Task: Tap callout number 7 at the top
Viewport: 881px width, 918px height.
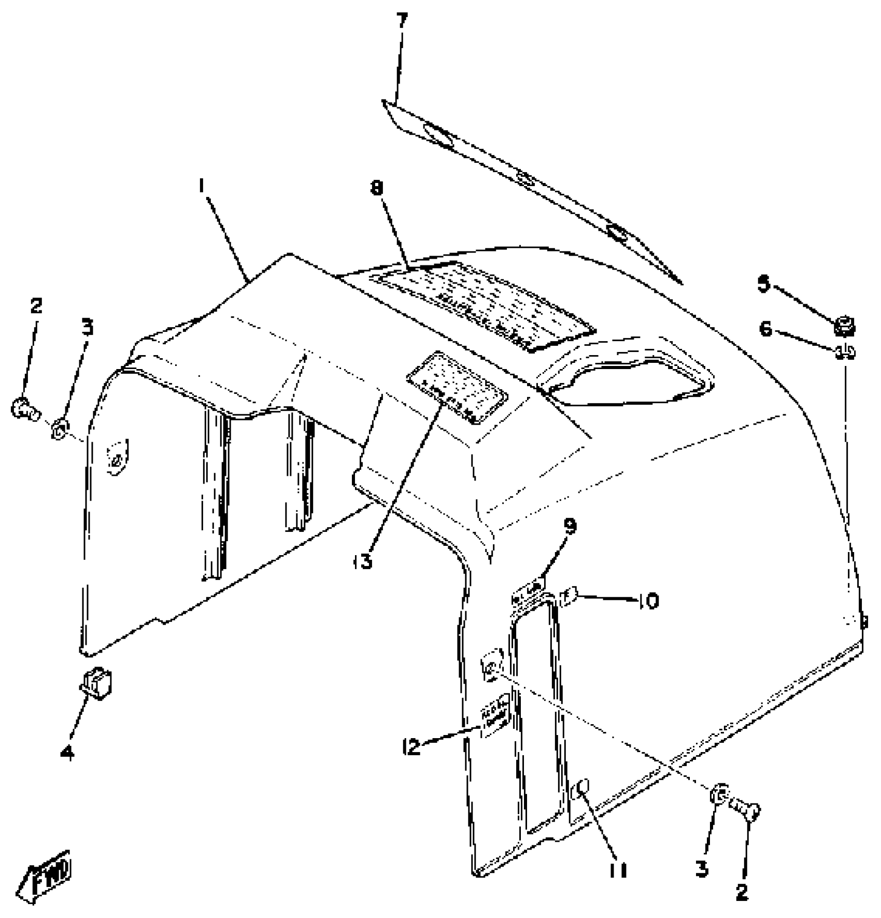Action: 402,22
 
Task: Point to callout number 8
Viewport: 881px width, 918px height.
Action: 377,189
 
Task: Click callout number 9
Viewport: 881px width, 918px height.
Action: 570,527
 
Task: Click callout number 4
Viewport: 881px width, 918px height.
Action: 67,753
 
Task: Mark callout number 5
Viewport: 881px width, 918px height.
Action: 764,285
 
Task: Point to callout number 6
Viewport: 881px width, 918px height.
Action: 766,329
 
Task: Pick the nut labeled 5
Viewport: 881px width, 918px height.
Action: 844,327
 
